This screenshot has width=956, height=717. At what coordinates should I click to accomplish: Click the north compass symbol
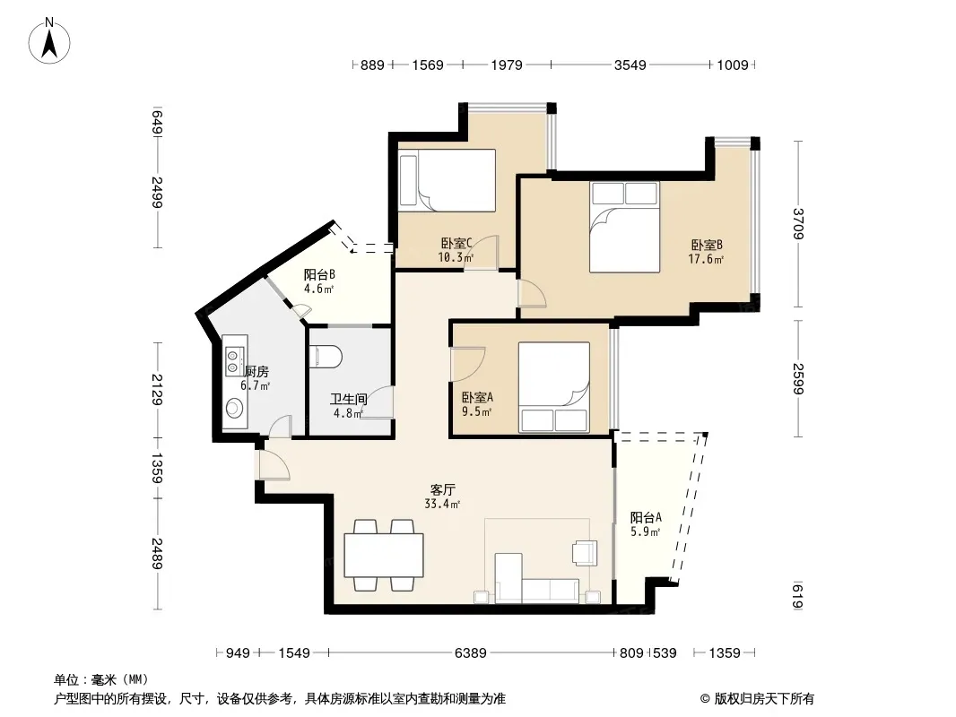(49, 41)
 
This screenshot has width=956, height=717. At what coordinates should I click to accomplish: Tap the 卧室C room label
(456, 244)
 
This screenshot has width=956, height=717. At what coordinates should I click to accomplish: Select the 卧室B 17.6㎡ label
(707, 252)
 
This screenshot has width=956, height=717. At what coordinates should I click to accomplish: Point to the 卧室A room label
(477, 397)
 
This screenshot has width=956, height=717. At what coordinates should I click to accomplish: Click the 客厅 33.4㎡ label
(443, 497)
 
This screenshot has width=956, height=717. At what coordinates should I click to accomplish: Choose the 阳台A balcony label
(646, 517)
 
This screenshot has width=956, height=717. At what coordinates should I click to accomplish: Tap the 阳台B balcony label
(319, 275)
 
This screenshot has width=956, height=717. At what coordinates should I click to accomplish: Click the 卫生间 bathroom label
(349, 399)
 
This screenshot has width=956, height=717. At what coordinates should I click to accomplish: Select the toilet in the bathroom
(326, 357)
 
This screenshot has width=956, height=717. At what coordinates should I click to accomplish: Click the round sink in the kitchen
(234, 408)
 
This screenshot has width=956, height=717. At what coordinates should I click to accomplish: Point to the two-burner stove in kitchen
(234, 360)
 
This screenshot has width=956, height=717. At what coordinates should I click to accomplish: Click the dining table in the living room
(384, 555)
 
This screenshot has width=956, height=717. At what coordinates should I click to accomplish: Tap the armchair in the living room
(584, 553)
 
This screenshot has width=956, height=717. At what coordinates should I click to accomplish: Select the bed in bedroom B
(624, 227)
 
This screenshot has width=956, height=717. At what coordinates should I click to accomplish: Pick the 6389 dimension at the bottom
(471, 653)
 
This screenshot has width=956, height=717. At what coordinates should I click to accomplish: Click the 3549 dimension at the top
(630, 65)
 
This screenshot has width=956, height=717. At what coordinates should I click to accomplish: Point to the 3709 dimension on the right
(798, 223)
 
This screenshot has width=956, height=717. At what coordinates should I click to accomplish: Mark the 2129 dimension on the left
(157, 390)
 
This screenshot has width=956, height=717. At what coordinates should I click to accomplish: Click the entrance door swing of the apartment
(274, 465)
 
